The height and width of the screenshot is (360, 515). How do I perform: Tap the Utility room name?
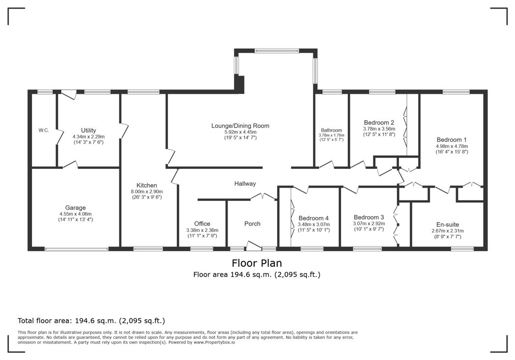88,130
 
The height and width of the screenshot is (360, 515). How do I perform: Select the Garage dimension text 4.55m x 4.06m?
76,214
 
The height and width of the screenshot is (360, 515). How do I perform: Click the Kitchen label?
147,185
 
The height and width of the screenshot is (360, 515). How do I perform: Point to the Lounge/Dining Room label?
240,126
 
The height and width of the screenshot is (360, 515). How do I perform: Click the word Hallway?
245,184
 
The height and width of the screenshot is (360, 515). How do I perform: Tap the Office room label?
202,223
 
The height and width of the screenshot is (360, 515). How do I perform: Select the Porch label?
252,223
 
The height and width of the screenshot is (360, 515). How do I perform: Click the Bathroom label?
331,130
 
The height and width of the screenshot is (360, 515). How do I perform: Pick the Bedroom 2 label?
379,122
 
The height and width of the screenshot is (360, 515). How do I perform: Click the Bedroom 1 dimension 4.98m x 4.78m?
452,146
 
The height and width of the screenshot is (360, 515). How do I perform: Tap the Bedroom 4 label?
313,218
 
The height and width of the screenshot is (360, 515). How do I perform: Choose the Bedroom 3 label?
369,217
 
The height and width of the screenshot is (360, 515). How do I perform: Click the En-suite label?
448,224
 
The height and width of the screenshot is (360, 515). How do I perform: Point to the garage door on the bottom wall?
76,249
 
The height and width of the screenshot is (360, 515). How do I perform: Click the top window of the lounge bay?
277,51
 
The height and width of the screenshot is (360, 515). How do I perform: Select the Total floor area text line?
91,320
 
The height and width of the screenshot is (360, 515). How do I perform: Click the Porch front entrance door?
254,246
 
